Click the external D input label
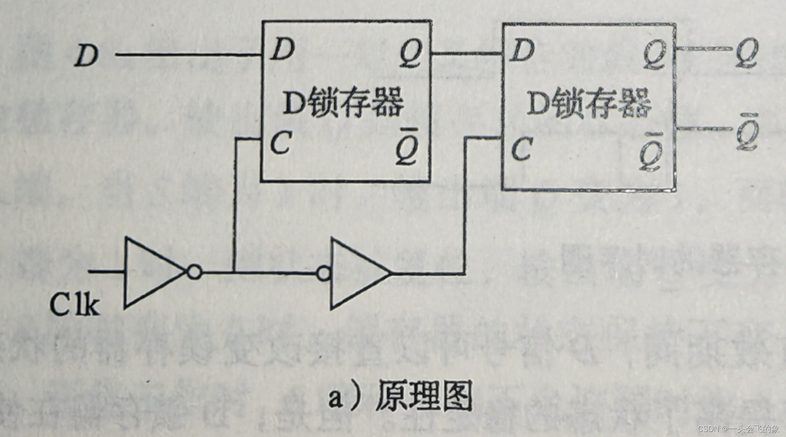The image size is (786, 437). [x=86, y=55]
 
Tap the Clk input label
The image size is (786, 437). [x=74, y=304]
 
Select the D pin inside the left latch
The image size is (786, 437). [x=282, y=49]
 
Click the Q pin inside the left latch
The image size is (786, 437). [x=411, y=54]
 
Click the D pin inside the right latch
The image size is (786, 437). [x=522, y=51]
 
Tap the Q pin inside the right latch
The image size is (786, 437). [x=654, y=55]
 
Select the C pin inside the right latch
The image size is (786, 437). [x=521, y=149]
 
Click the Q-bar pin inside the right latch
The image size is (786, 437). [x=651, y=154]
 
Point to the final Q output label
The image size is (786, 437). [x=747, y=53]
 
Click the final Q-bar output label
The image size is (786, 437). [x=747, y=133]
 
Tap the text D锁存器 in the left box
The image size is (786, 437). [x=343, y=103]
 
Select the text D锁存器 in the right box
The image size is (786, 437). [x=589, y=104]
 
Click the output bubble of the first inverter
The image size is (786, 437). [x=194, y=272]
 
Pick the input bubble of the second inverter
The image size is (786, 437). [x=324, y=273]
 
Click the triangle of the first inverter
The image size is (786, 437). [x=151, y=272]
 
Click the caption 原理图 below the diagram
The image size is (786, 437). [x=423, y=396]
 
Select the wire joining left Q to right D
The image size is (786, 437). [x=467, y=54]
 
